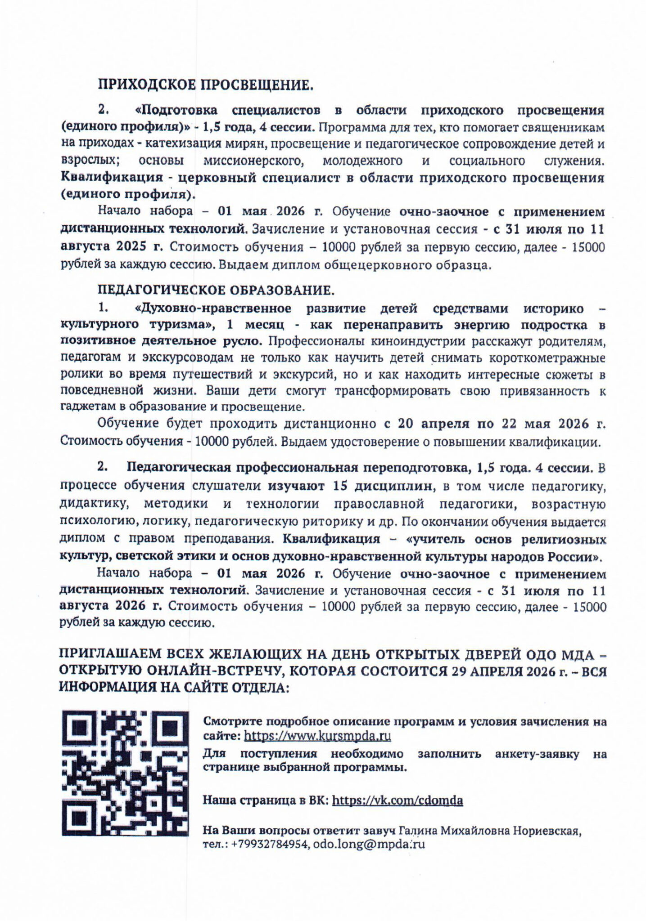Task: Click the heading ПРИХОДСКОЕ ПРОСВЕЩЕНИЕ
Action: pos(205,85)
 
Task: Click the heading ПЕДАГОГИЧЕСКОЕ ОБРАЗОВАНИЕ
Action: pos(216,290)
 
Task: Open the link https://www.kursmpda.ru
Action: pos(317,736)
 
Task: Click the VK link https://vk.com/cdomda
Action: pos(397,800)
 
